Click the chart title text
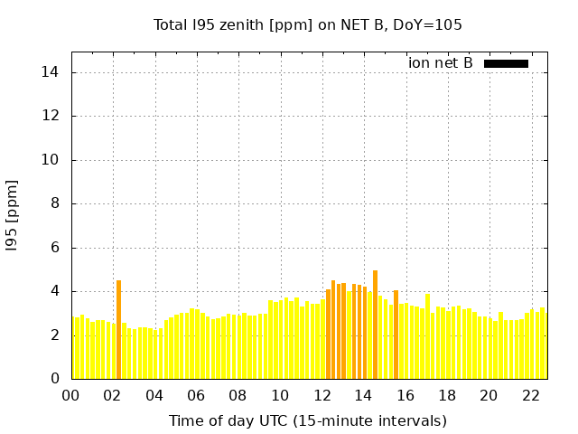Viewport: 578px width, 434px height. coord(307,25)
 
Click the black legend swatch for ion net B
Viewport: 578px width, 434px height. coord(506,63)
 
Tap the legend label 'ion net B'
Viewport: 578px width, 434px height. coord(440,63)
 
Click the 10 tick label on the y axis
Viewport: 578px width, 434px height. coord(51,160)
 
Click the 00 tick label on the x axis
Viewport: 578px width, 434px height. coord(70,395)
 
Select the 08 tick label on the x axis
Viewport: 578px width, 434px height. coord(238,395)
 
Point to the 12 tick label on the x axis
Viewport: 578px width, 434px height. coord(322,395)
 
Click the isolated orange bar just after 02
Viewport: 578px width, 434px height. coord(118,330)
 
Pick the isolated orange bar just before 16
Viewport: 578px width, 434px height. coord(396,335)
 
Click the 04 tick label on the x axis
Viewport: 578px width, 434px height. coord(154,395)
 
